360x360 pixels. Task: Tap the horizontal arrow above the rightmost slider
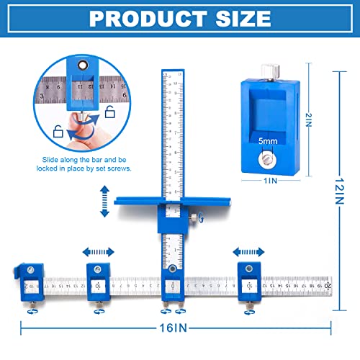(x=248, y=252)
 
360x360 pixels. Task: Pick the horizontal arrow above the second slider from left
(x=98, y=252)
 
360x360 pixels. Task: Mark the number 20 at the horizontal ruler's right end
(x=328, y=285)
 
